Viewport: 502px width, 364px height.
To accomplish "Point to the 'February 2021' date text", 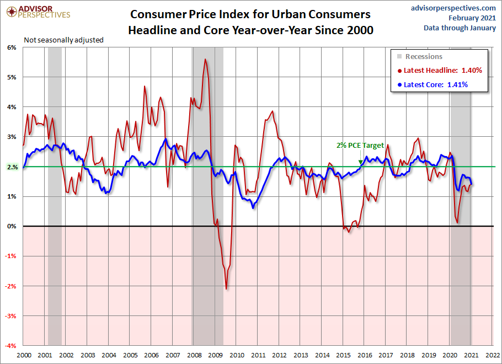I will point(471,18).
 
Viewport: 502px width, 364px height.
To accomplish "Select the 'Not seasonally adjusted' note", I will point(63,40).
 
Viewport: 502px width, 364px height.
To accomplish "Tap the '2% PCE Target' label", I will point(360,146).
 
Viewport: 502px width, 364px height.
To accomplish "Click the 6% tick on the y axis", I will point(12,47).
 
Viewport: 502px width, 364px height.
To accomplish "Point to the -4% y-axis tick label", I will point(11,346).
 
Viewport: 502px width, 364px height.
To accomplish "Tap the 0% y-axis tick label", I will point(12,227).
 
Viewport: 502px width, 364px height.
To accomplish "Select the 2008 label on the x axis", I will point(194,356).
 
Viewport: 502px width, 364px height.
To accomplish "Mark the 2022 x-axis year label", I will point(493,356).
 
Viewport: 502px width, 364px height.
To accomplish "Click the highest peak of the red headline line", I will point(205,59).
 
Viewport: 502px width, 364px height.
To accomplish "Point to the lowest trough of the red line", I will point(226,289).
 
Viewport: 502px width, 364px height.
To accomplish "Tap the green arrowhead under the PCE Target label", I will point(361,162).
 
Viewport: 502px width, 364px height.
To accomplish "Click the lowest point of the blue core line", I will point(253,208).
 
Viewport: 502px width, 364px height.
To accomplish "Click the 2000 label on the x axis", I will point(23,356).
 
